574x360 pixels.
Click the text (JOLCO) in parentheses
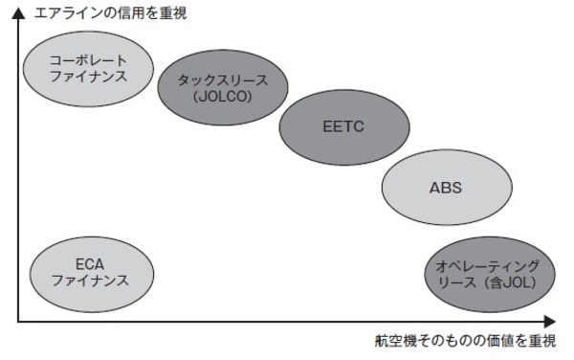coord(222,96)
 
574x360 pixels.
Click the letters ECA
coord(88,261)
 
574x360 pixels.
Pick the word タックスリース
coord(223,79)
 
